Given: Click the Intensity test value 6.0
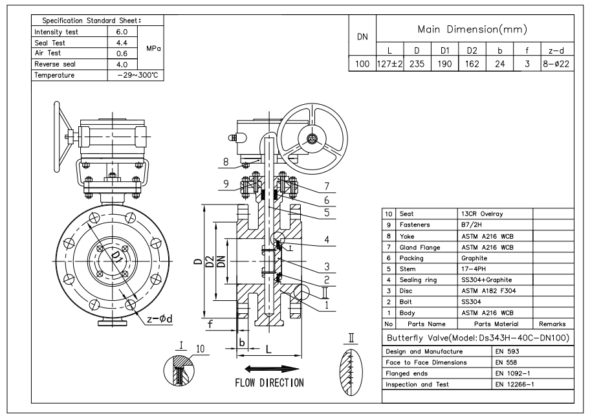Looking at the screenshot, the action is click(x=122, y=32).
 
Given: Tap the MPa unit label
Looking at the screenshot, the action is click(x=153, y=49).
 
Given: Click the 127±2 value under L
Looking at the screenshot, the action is click(x=390, y=64).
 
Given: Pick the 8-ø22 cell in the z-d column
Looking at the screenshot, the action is click(x=556, y=64).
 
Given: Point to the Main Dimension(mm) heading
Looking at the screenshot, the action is click(x=473, y=29).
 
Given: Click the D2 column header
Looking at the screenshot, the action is click(x=472, y=50).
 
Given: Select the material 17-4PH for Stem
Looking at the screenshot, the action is click(x=474, y=269).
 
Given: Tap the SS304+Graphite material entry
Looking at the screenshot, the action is click(x=486, y=280).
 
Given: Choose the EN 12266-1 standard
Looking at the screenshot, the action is click(x=514, y=384).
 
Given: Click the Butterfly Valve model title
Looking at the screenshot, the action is click(x=478, y=338).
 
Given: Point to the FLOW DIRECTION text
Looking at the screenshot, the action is click(x=269, y=383).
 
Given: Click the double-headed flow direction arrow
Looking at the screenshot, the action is click(x=272, y=369).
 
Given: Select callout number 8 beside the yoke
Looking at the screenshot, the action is click(x=226, y=162).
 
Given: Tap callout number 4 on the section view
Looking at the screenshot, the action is click(x=327, y=240).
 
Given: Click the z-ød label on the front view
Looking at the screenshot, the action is click(x=160, y=320).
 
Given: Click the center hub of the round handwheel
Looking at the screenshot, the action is click(x=312, y=138).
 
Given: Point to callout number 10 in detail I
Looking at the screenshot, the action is click(x=200, y=349).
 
